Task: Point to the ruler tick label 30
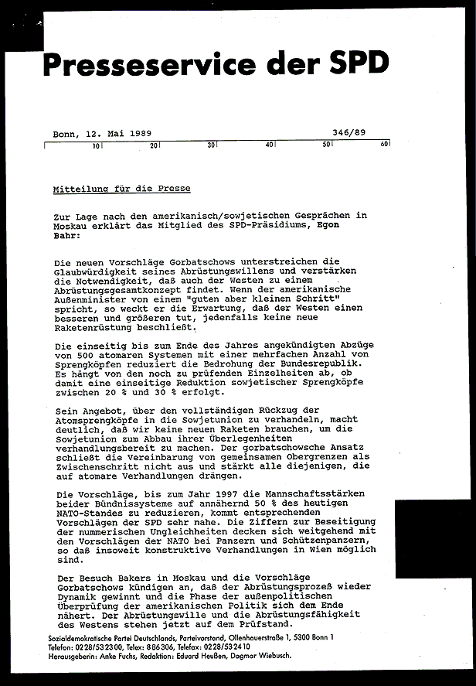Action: click(x=210, y=145)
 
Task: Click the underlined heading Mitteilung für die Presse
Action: click(x=121, y=189)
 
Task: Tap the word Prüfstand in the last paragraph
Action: click(x=266, y=624)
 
